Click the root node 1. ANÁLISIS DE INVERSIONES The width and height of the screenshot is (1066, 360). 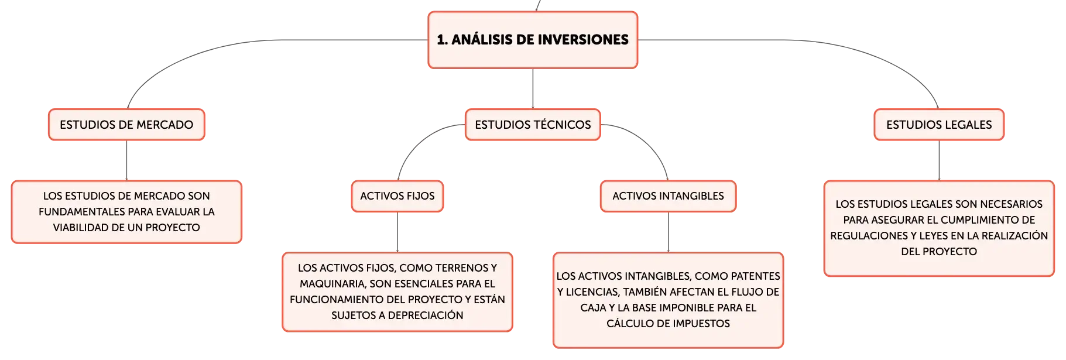pyautogui.click(x=533, y=40)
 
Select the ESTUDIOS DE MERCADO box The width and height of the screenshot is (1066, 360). pyautogui.click(x=126, y=125)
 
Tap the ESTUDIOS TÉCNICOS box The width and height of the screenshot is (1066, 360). pyautogui.click(x=533, y=125)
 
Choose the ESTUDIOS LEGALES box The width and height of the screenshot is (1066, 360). pyautogui.click(x=939, y=125)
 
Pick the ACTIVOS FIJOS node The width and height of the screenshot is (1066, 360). pyautogui.click(x=397, y=196)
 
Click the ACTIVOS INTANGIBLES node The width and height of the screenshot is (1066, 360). pyautogui.click(x=668, y=196)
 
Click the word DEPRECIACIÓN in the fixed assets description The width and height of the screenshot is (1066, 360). pyautogui.click(x=426, y=316)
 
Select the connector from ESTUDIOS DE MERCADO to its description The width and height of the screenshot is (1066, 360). pyautogui.click(x=126, y=160)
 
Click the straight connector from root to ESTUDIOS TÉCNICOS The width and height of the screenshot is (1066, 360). pyautogui.click(x=533, y=88)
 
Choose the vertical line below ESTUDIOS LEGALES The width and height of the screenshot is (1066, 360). pyautogui.click(x=939, y=160)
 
